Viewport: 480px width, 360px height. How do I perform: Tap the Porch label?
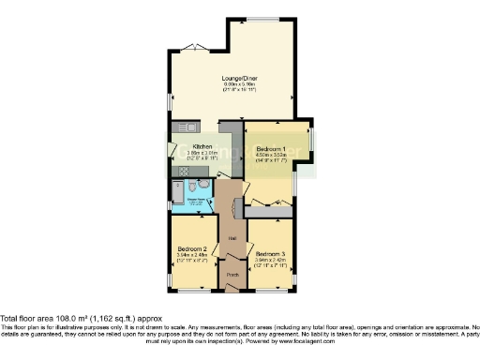pos(232,274)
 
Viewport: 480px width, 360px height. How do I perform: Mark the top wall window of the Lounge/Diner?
pos(262,21)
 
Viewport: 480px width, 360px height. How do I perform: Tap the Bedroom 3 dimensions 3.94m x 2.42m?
pos(270,260)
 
